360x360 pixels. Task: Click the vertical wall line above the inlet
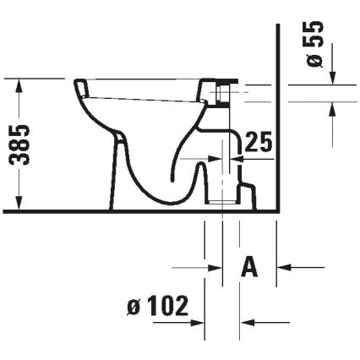point(276,51)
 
